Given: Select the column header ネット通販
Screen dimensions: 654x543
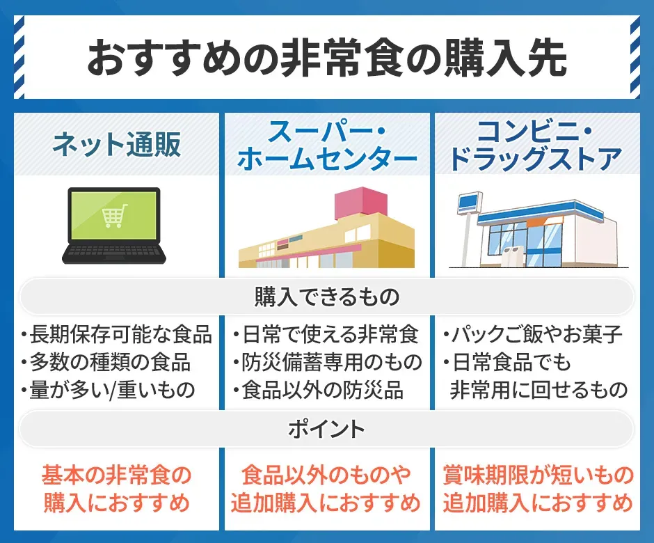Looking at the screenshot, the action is click(x=117, y=145).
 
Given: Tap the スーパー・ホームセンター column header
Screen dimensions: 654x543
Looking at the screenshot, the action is click(x=327, y=145).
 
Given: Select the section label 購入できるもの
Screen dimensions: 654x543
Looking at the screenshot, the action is click(x=326, y=298).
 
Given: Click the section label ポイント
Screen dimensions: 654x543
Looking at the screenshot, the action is click(x=326, y=429).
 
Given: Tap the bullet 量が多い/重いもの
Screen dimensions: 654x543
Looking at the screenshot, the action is click(x=111, y=389).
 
